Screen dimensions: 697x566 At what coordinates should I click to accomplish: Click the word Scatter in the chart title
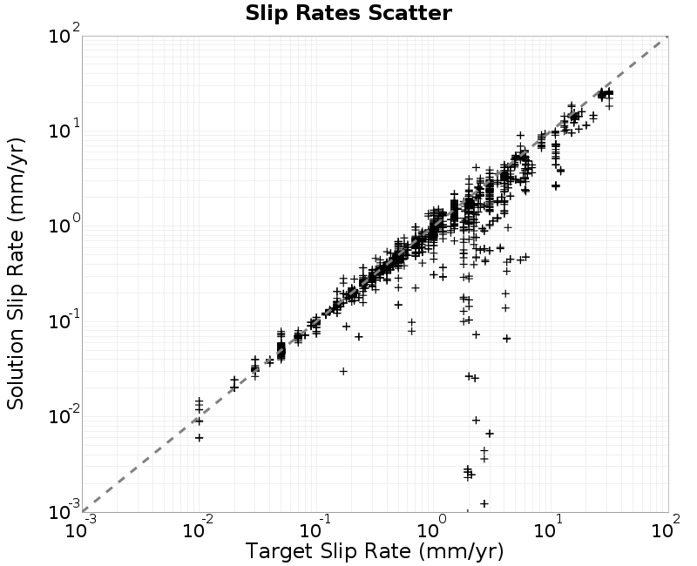pyautogui.click(x=409, y=13)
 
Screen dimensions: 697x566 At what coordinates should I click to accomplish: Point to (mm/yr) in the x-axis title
pyautogui.click(x=461, y=551)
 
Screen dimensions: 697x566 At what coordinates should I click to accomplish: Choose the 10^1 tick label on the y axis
pyautogui.click(x=64, y=129)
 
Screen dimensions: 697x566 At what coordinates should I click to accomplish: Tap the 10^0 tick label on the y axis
pyautogui.click(x=64, y=225)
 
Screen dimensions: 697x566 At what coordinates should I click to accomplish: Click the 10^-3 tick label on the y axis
pyautogui.click(x=64, y=510)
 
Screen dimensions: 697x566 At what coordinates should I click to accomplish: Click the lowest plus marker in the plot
pyautogui.click(x=484, y=503)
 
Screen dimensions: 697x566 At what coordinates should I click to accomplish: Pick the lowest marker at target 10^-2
pyautogui.click(x=200, y=438)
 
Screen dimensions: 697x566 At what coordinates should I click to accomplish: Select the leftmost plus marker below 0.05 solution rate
pyautogui.click(x=200, y=438)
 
